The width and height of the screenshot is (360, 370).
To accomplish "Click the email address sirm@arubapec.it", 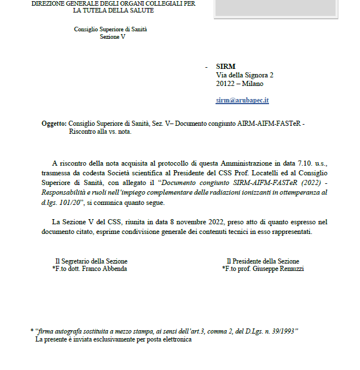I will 242,100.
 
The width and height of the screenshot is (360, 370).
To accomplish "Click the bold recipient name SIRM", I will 226,67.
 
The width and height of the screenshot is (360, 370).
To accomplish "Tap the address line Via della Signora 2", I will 245,75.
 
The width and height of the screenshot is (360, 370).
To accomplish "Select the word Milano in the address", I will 253,84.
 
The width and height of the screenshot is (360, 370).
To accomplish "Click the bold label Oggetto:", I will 54,124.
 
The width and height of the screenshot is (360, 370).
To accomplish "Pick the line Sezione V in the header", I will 112,36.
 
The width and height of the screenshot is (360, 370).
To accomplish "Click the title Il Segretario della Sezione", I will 91,261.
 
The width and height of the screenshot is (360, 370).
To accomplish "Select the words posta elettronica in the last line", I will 169,339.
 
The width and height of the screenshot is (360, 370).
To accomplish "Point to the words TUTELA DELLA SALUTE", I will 119,10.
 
